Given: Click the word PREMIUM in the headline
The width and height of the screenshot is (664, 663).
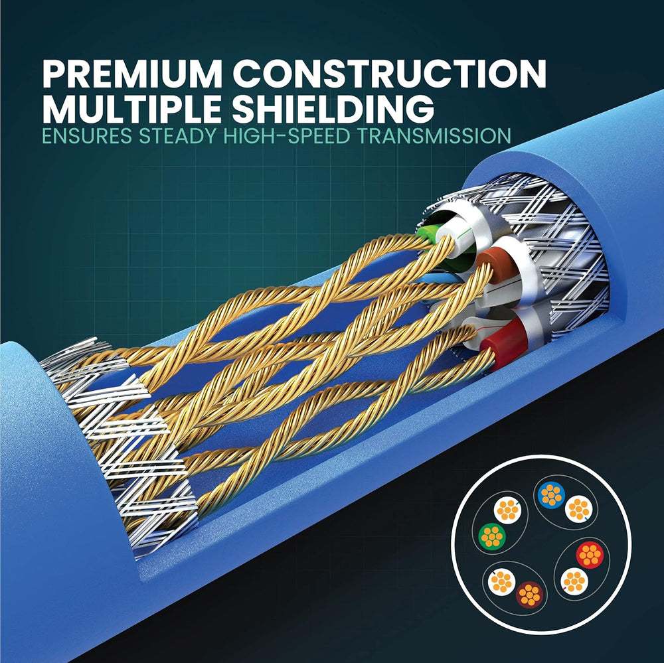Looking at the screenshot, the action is tap(132, 74).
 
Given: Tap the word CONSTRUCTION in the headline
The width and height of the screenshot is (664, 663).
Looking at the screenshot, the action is tap(389, 74).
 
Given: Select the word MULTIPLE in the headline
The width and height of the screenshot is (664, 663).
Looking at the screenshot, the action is tap(131, 110).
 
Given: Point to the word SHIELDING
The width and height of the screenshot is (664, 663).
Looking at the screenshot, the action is tap(333, 110).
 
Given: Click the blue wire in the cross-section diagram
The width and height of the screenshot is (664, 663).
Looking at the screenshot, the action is tap(551, 494).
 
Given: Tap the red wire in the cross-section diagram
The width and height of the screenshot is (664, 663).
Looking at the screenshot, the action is tap(590, 555).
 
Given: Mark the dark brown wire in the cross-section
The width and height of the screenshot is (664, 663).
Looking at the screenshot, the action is tap(529, 595).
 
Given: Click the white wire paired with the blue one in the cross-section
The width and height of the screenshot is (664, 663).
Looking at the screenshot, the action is tap(578, 508).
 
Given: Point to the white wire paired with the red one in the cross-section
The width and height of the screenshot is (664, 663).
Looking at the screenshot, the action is tap(574, 581).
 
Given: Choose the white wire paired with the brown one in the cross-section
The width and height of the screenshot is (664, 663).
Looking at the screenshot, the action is tap(501, 582).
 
